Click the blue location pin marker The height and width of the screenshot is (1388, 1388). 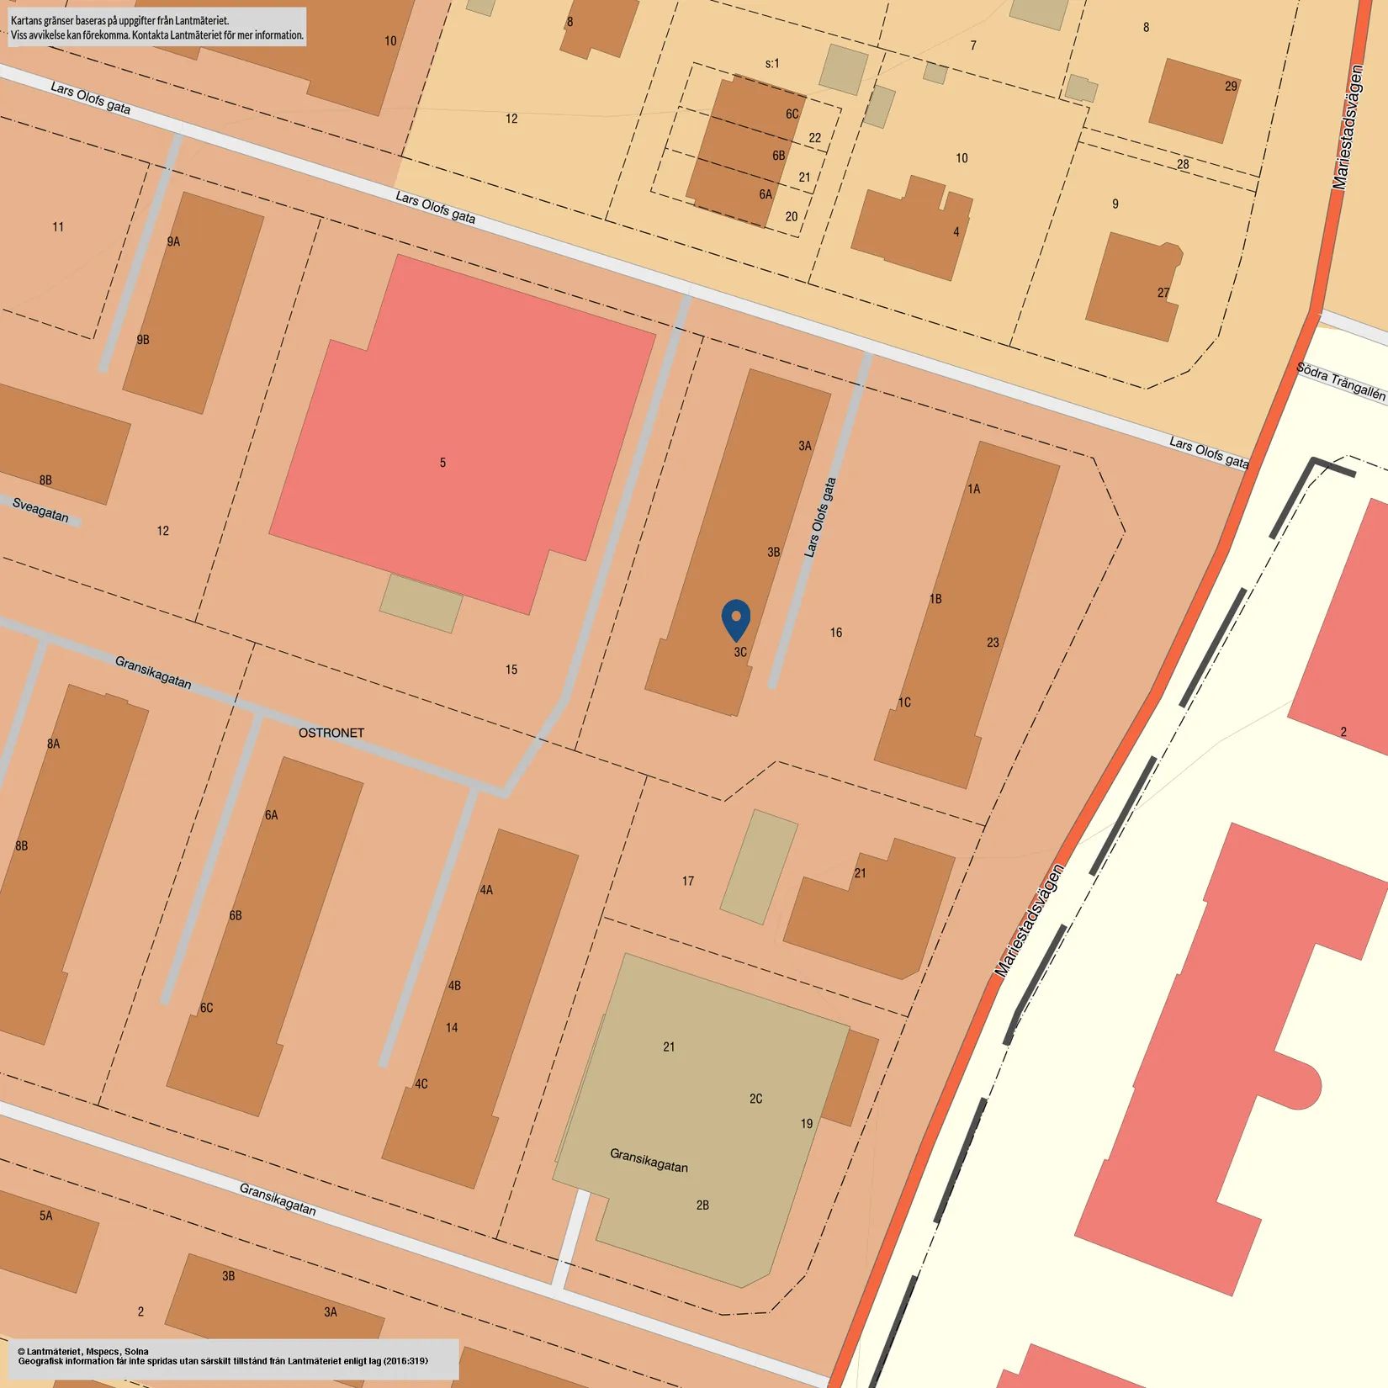[736, 619]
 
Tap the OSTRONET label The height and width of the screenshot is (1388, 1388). [331, 733]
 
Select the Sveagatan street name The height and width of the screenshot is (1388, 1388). [40, 509]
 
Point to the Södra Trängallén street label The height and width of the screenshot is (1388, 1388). [1340, 380]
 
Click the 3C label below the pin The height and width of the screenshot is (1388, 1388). [740, 652]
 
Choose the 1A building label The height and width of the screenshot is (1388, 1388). [973, 489]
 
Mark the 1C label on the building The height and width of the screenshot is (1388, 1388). [904, 702]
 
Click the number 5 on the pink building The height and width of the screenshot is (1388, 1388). [442, 463]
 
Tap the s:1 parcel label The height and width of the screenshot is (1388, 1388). [772, 63]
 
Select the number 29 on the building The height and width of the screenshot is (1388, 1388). [1231, 86]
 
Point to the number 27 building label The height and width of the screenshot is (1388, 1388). [1163, 293]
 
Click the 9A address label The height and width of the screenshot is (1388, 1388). [173, 241]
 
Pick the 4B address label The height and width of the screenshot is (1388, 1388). [454, 985]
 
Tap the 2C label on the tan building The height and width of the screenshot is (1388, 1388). [755, 1099]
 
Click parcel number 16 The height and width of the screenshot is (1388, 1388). [836, 633]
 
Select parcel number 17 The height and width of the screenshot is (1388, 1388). [688, 881]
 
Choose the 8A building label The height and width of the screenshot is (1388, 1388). [54, 744]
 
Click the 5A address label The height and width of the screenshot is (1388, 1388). [46, 1216]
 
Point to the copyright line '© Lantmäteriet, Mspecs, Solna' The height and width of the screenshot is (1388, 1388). [83, 1351]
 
